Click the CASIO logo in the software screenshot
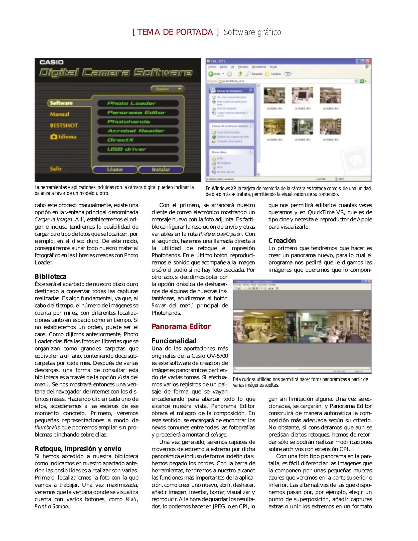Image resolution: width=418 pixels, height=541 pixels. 52,62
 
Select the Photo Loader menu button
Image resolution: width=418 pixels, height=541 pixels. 138,103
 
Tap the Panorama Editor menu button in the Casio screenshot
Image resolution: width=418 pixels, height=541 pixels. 138,112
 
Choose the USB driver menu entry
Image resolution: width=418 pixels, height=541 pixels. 138,149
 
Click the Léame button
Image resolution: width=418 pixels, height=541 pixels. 115,170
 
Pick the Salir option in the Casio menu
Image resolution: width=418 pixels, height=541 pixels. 56,169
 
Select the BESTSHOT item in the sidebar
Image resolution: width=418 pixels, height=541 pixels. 64,125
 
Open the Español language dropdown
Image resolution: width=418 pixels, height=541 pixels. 167,89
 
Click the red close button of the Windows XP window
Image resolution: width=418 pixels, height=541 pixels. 368,61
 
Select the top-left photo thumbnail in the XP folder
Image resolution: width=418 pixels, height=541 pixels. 274,95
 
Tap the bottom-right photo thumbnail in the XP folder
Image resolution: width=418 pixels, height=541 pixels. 330,126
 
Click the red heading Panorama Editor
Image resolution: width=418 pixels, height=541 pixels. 181,326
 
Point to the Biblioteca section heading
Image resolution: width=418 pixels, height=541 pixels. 51,277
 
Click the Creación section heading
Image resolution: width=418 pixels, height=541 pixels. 282,240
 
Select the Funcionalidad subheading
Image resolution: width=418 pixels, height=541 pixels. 174,341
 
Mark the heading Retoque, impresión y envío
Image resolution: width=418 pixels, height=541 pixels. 78,448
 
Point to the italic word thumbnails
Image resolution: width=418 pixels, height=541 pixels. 47,427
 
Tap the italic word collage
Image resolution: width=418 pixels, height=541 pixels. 219,435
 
